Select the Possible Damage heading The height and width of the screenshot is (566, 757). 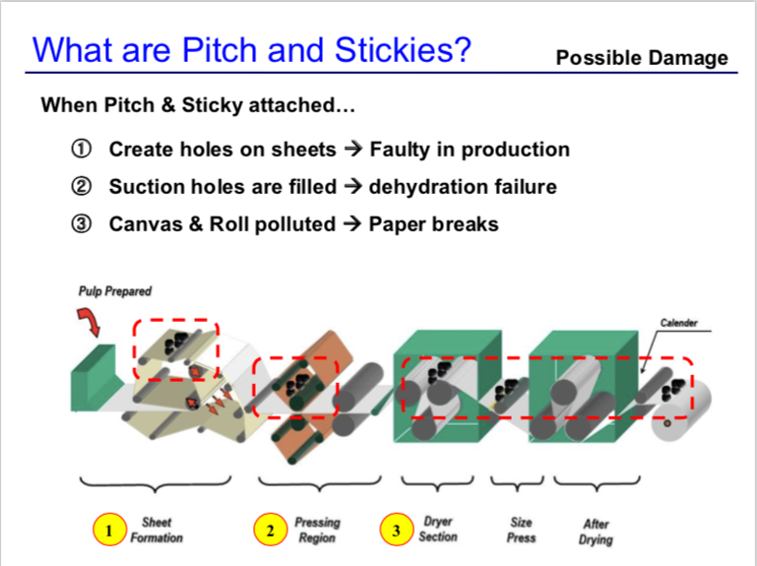point(642,58)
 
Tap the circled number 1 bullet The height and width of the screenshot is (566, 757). point(81,149)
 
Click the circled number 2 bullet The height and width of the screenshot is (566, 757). point(81,186)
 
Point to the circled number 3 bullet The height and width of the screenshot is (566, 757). point(81,223)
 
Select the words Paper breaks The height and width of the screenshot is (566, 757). point(433,224)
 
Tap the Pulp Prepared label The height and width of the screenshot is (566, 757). point(115,291)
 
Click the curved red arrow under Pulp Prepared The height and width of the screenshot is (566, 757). point(90,322)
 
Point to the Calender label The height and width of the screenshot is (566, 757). point(679,323)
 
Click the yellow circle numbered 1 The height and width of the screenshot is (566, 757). point(109,530)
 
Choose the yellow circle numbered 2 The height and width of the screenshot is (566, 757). point(271,530)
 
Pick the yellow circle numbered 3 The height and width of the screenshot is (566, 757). point(397,530)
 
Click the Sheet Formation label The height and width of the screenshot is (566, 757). point(157,530)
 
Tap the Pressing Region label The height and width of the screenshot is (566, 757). point(317,530)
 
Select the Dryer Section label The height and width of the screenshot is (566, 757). point(438,529)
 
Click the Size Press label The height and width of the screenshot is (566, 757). point(522,530)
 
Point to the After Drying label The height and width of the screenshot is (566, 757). point(596,532)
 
